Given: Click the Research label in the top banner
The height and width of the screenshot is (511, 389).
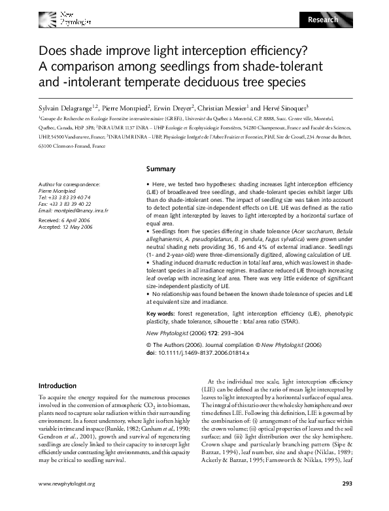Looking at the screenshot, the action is (323, 20).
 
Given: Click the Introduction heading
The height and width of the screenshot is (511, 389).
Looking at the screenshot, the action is (58, 386).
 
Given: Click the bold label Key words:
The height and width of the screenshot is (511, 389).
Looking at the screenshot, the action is (161, 314).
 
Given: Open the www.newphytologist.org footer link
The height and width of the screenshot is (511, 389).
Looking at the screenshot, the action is (67, 502).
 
